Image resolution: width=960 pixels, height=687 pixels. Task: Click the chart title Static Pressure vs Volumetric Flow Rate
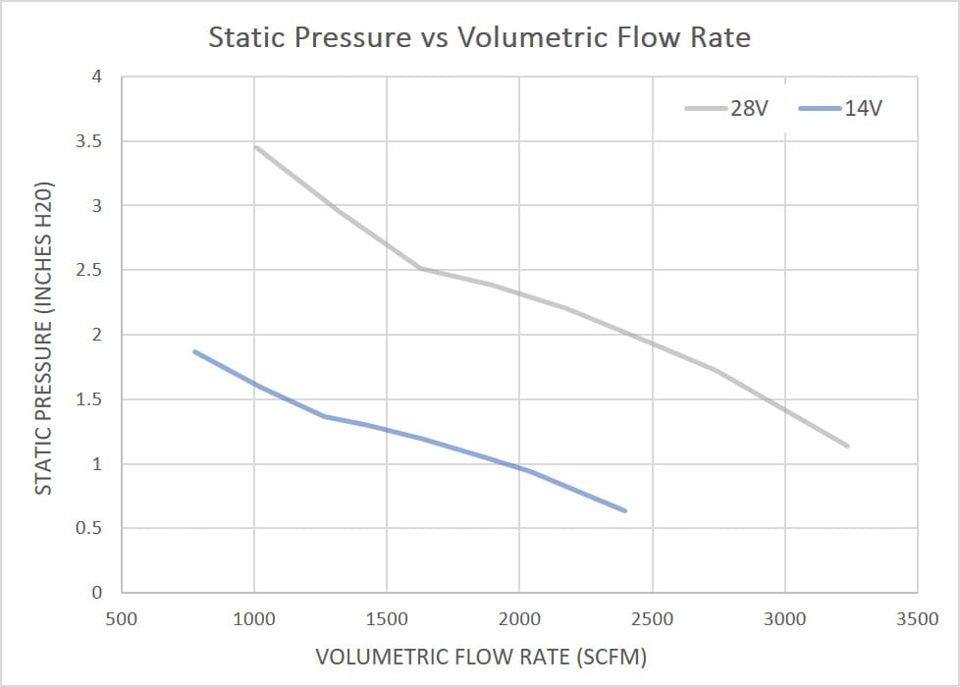coord(479,38)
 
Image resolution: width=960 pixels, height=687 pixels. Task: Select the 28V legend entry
coord(746,108)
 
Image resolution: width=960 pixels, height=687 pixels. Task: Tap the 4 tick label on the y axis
coord(96,77)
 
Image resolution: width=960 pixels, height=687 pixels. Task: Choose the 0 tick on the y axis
coord(96,593)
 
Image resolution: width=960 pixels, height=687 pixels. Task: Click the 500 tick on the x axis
coord(122,619)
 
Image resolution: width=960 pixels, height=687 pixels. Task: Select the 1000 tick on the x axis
coord(254,619)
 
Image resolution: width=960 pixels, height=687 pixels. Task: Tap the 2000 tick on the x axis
coord(519,619)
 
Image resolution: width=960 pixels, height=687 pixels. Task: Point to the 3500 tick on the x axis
coord(917,619)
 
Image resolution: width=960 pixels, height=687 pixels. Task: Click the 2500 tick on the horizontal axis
coord(652,619)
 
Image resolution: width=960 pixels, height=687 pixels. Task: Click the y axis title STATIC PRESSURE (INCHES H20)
coord(43,339)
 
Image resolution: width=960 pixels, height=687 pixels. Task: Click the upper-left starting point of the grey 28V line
coord(256,147)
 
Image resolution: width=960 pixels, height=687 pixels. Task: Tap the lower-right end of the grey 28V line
coord(847,446)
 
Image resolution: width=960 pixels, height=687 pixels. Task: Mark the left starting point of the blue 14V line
coord(194,351)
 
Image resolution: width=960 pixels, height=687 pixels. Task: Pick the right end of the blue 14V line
coord(624,510)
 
